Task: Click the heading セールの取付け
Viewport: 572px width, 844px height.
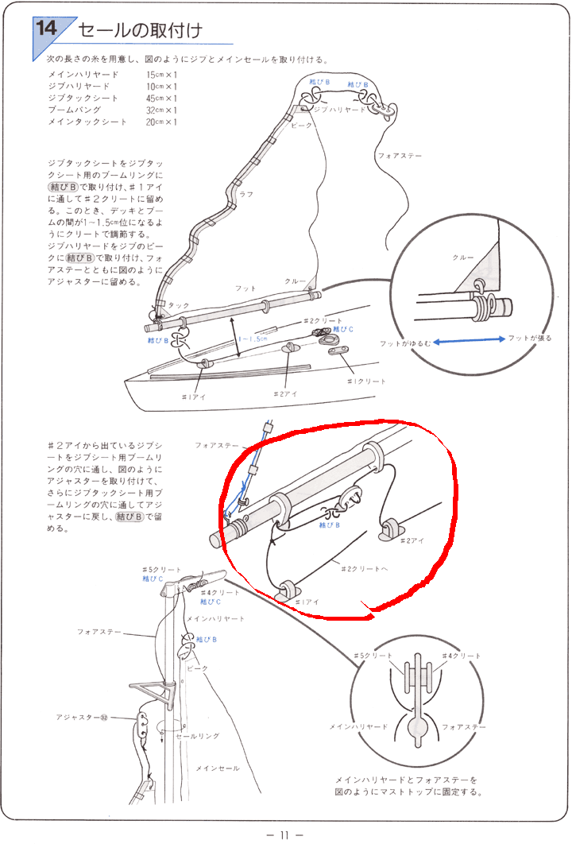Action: tap(140, 31)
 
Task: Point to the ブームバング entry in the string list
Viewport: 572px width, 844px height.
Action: tap(76, 110)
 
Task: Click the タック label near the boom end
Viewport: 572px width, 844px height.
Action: tap(179, 305)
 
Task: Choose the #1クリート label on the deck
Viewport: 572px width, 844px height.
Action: tap(366, 381)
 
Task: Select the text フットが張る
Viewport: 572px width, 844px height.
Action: tap(531, 339)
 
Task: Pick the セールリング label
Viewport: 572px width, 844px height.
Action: tap(197, 736)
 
